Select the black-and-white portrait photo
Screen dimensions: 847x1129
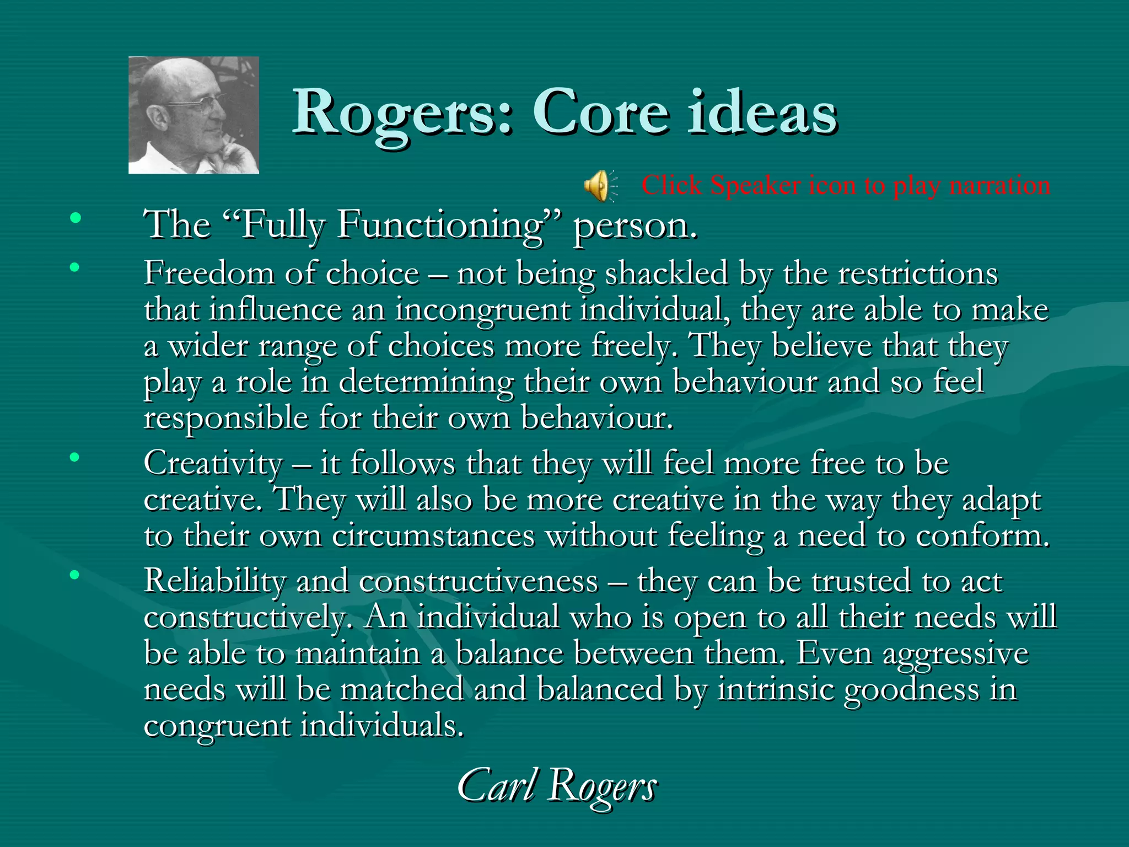point(193,115)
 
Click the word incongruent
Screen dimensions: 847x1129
point(482,310)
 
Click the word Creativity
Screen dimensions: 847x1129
point(213,463)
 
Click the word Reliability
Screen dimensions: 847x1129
point(215,581)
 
